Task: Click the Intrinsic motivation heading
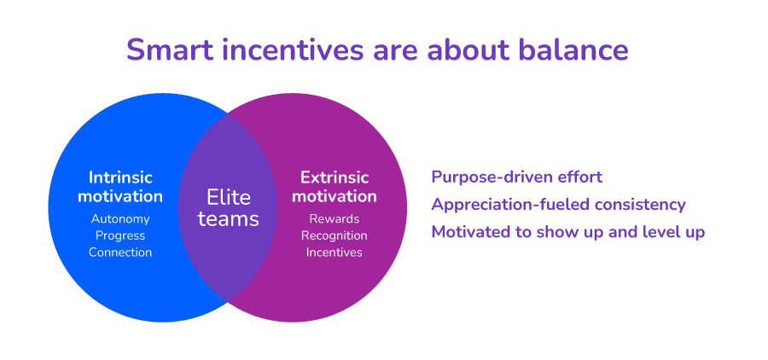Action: [x=120, y=187]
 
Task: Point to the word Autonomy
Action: [x=120, y=219]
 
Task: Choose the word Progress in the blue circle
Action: [x=120, y=235]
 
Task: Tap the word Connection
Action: [x=120, y=253]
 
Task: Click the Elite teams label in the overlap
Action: [x=228, y=208]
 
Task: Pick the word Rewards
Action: [x=335, y=219]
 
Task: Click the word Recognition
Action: [x=335, y=235]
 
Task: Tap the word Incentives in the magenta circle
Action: [x=335, y=253]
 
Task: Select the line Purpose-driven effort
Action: [x=517, y=177]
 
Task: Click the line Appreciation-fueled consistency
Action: [x=558, y=204]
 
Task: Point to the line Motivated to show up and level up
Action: [x=568, y=232]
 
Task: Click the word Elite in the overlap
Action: [x=229, y=197]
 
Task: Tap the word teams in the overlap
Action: [x=228, y=219]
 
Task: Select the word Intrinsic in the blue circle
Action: [x=120, y=177]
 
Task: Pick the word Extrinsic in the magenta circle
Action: [x=335, y=177]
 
